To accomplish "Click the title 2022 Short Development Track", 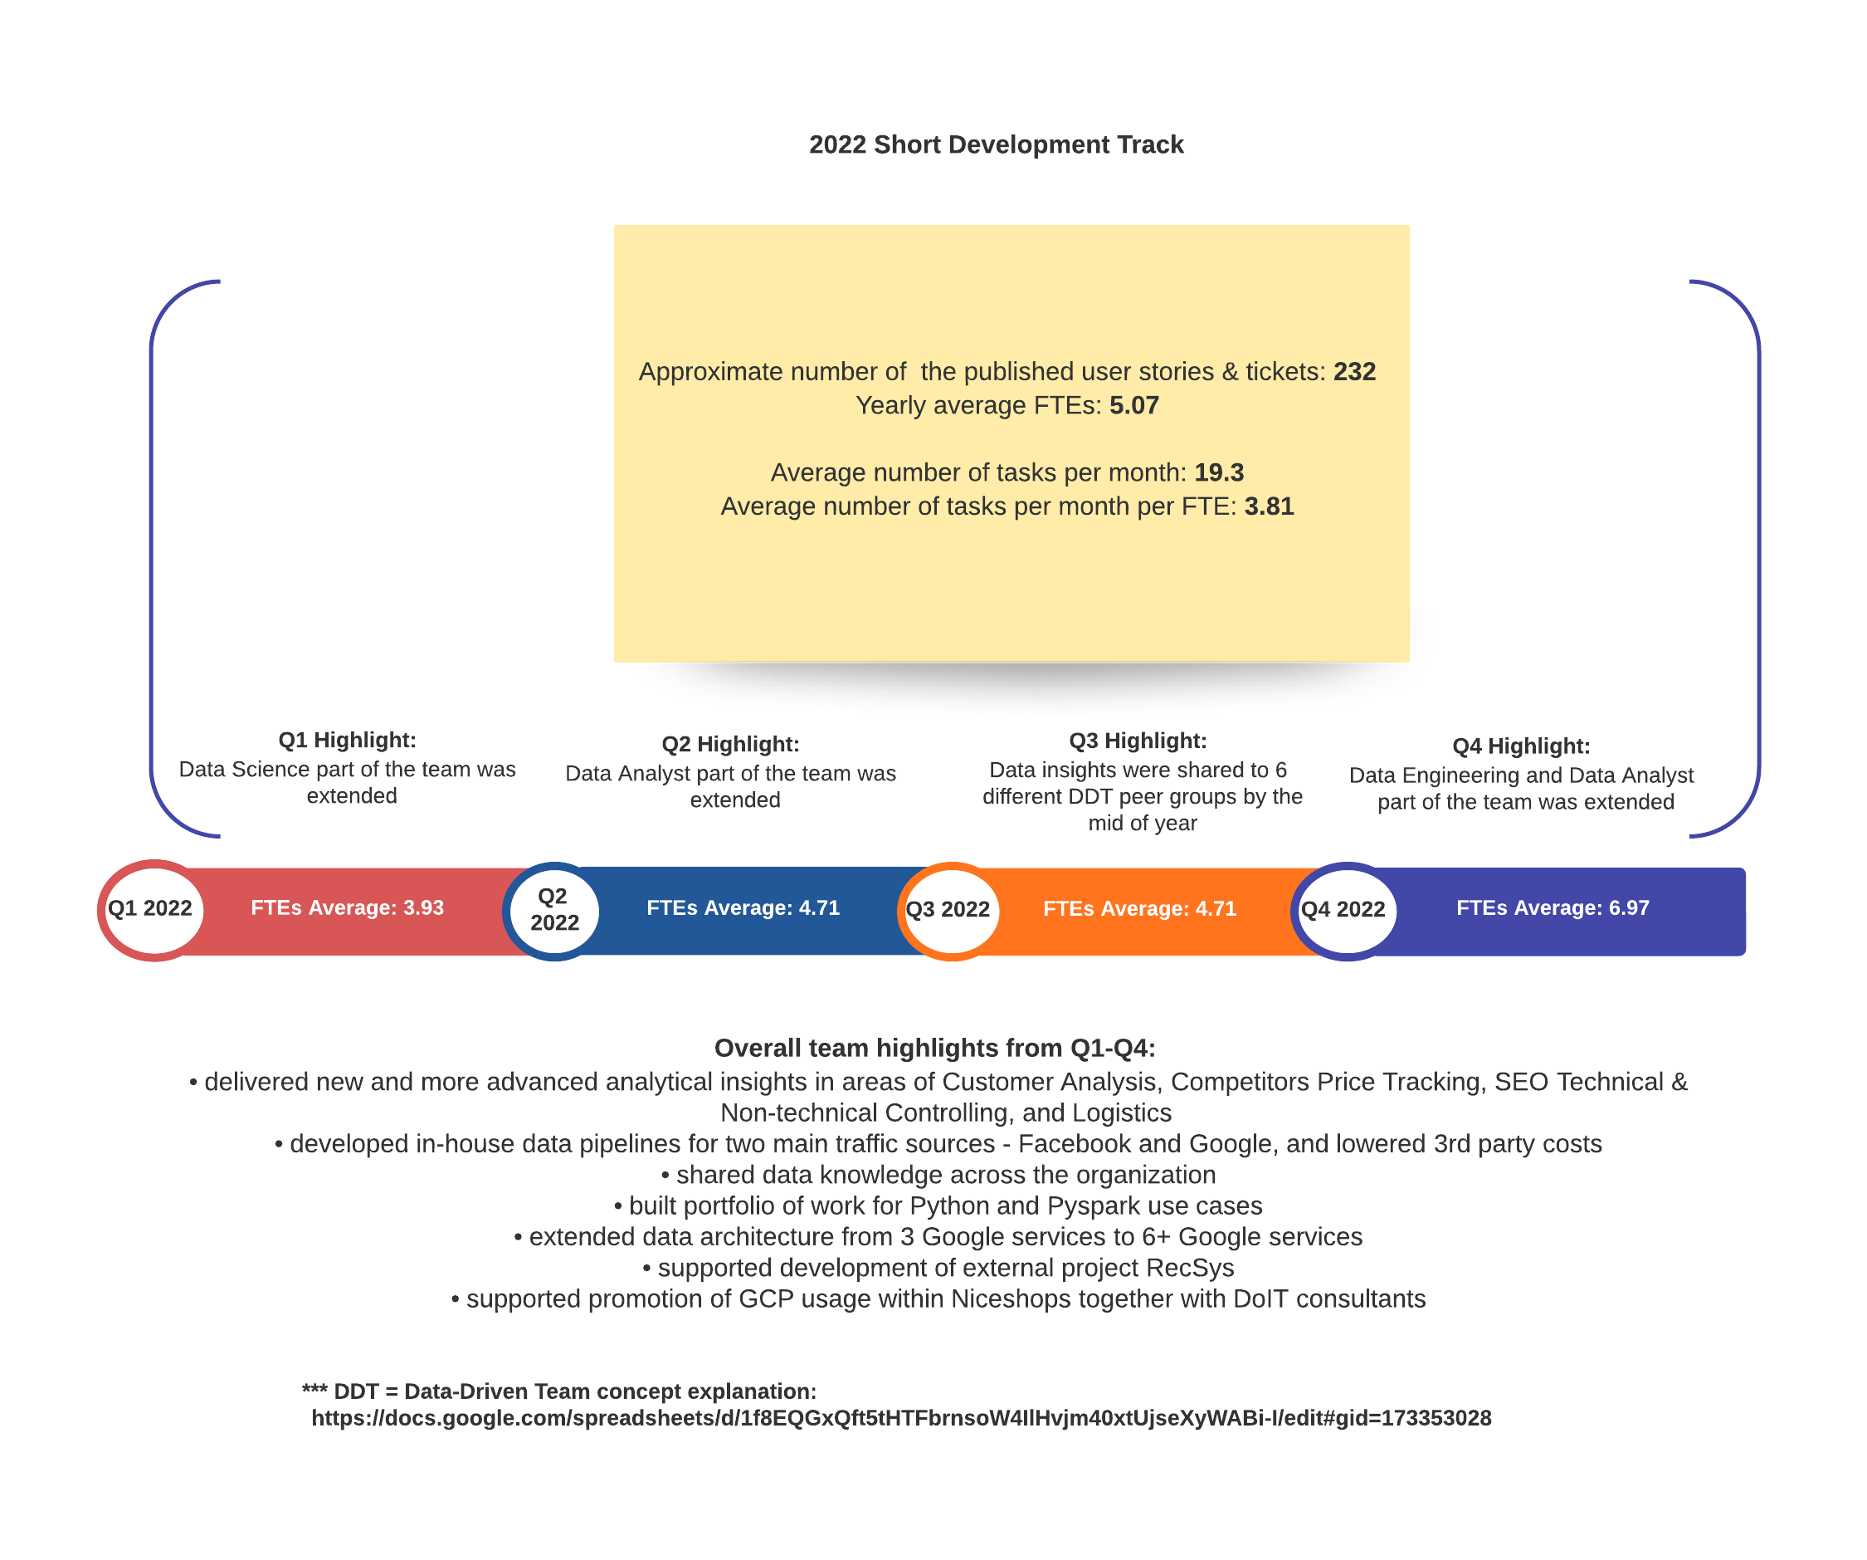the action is click(x=996, y=144).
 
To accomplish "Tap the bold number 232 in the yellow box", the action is click(x=1354, y=371).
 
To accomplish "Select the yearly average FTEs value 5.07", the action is click(x=1133, y=404).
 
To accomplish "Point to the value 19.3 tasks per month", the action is click(x=1218, y=472).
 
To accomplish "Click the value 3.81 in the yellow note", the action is click(x=1269, y=506).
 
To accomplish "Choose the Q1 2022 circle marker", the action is click(x=152, y=910).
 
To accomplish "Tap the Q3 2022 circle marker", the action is click(x=950, y=911).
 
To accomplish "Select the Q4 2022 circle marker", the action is click(x=1346, y=911).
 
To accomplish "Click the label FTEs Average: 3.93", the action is click(x=347, y=907).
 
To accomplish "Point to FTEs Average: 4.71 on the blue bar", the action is click(x=743, y=907).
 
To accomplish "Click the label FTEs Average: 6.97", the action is click(x=1553, y=907).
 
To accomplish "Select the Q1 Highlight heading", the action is click(x=347, y=739).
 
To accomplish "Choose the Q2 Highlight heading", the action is click(x=730, y=744).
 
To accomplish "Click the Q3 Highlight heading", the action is click(x=1137, y=740).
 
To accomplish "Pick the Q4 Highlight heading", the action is click(x=1520, y=746).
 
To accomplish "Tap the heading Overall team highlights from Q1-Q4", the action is click(x=934, y=1048).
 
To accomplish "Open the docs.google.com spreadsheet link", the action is click(x=900, y=1417).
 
